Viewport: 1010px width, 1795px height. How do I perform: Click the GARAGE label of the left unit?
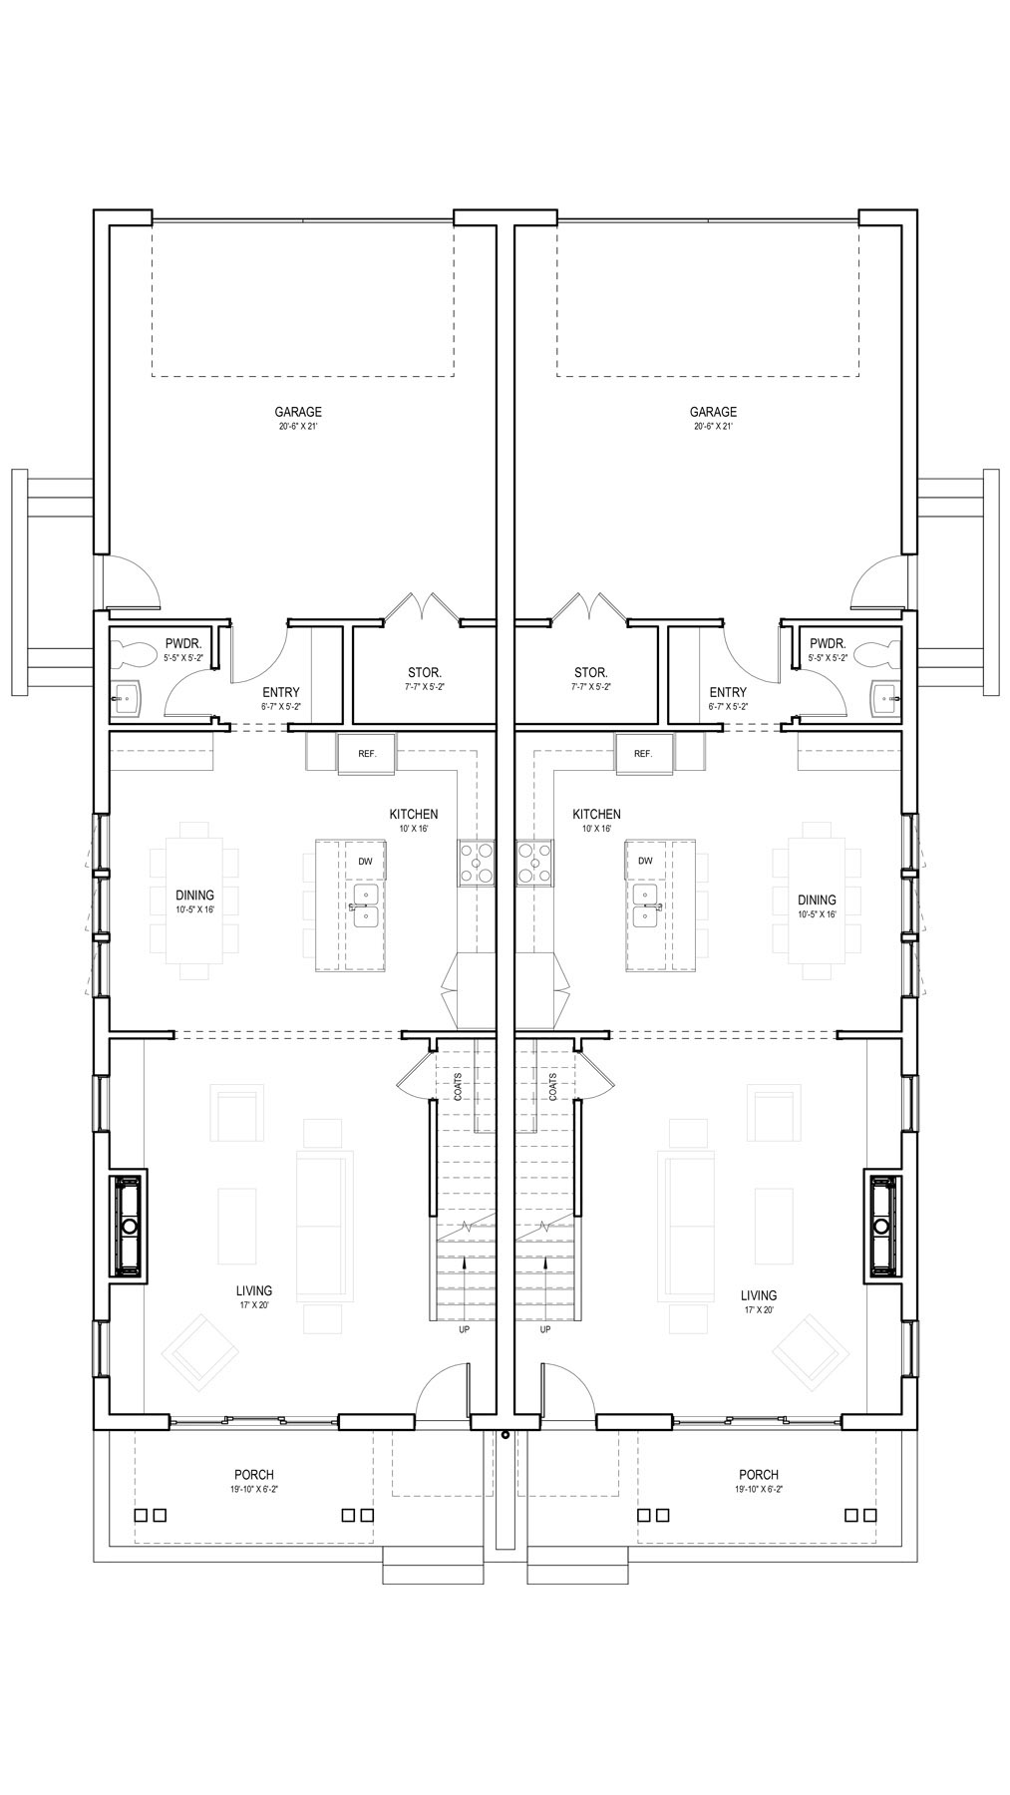[x=298, y=412]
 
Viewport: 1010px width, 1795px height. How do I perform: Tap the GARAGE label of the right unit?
[x=713, y=412]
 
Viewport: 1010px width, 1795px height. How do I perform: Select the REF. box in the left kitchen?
[x=367, y=753]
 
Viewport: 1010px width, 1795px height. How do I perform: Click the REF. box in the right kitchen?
[x=643, y=753]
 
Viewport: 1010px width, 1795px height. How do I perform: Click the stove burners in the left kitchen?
[x=477, y=863]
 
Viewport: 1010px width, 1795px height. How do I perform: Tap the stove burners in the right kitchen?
[x=533, y=863]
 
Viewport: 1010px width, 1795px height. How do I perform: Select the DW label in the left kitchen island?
[x=365, y=861]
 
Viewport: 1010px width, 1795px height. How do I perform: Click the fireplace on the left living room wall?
[x=128, y=1226]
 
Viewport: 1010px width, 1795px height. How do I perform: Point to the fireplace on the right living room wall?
[x=882, y=1226]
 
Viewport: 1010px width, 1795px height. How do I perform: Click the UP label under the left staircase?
[x=464, y=1329]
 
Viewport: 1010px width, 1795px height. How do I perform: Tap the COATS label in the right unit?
[x=553, y=1087]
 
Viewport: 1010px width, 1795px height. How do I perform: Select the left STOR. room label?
[x=425, y=672]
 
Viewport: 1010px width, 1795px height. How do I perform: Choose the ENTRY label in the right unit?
[x=728, y=692]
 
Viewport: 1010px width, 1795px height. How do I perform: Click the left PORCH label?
[x=254, y=1475]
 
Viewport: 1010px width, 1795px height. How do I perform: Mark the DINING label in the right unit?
[x=817, y=899]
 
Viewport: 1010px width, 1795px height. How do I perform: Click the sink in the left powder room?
[x=126, y=696]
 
